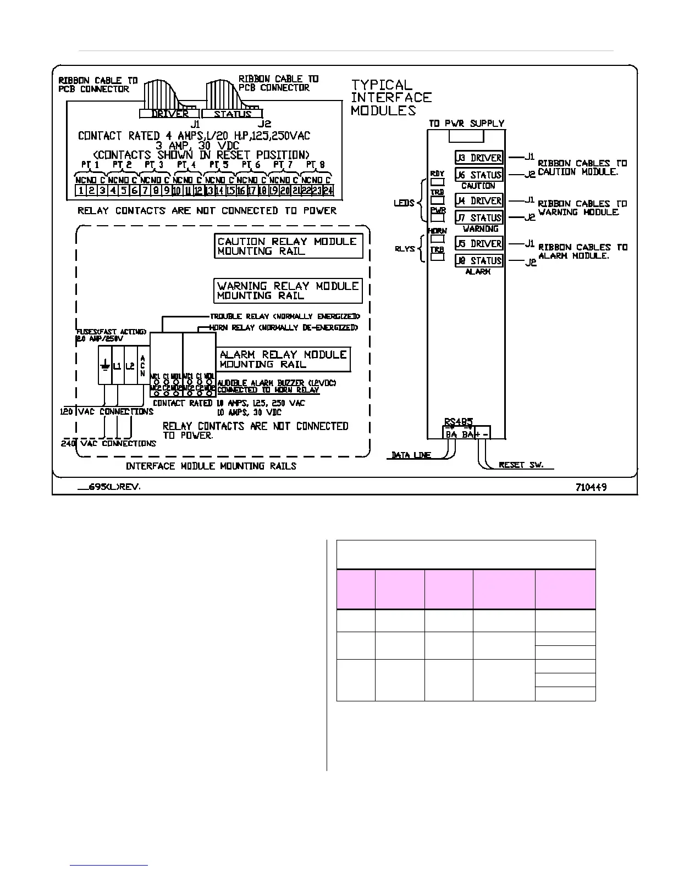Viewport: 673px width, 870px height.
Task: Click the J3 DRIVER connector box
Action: click(x=479, y=158)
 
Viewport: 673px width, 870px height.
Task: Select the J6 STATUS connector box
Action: click(x=479, y=175)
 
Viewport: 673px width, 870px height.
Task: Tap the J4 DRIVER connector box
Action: click(x=479, y=200)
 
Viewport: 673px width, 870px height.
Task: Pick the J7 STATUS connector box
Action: click(x=479, y=217)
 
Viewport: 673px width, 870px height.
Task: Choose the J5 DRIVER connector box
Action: click(x=479, y=243)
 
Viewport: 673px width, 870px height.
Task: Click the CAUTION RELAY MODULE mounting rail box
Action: click(x=289, y=246)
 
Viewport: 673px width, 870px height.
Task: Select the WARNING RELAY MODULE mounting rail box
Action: click(x=288, y=291)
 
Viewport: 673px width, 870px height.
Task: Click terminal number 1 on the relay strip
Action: click(x=80, y=191)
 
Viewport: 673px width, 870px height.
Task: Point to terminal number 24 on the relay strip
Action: click(x=328, y=191)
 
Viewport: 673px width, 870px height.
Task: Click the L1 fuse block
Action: click(x=117, y=365)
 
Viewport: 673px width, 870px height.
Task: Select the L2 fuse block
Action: click(x=130, y=365)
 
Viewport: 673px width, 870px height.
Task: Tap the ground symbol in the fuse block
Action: click(x=104, y=365)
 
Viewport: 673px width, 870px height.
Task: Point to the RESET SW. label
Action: click(x=521, y=465)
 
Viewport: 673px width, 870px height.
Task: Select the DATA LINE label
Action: click(x=411, y=455)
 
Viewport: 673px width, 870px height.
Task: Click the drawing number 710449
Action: click(x=591, y=487)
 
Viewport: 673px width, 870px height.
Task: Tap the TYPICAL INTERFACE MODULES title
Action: click(x=391, y=97)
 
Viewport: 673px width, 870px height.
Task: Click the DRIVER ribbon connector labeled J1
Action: click(x=169, y=114)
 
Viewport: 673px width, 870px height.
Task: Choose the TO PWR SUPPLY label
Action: click(x=466, y=124)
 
